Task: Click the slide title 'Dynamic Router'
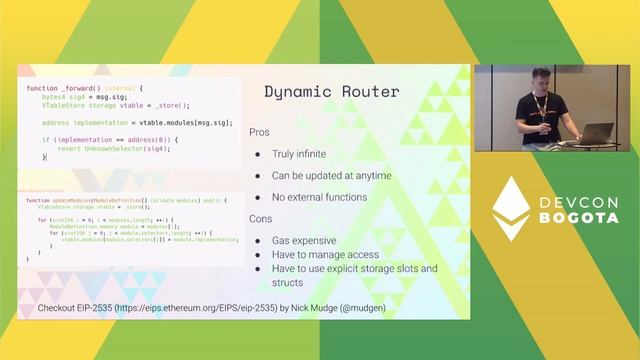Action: [331, 92]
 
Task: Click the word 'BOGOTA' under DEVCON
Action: [578, 218]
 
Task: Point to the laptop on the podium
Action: [596, 133]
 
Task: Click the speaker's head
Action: [533, 80]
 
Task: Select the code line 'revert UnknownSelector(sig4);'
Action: [113, 148]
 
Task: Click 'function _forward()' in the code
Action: [66, 89]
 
